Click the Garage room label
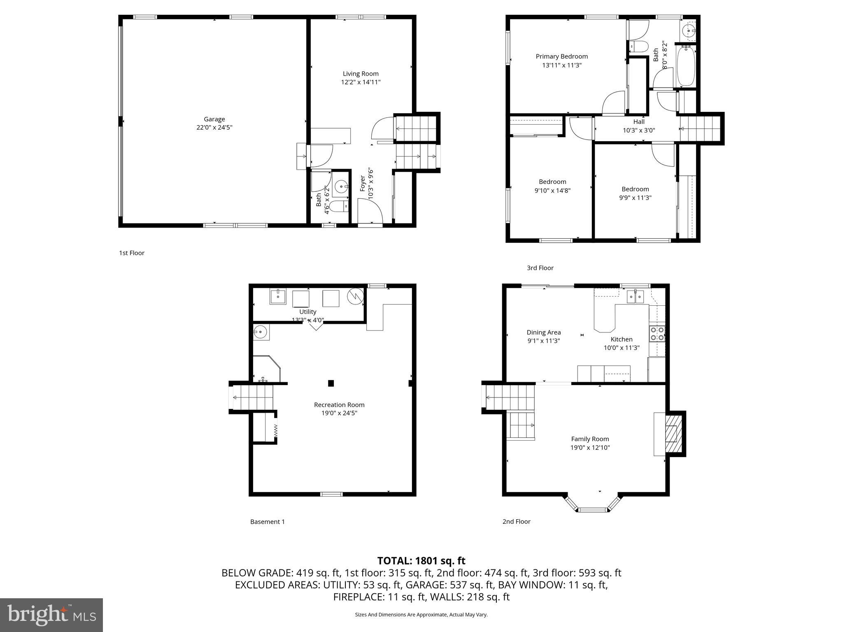pyautogui.click(x=214, y=119)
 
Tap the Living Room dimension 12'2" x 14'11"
pyautogui.click(x=361, y=82)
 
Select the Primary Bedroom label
pyautogui.click(x=561, y=56)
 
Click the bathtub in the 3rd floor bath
pyautogui.click(x=685, y=66)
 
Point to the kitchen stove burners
pyautogui.click(x=657, y=333)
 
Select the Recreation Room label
pyautogui.click(x=339, y=404)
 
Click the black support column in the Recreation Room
pyautogui.click(x=331, y=383)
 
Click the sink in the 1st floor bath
pyautogui.click(x=341, y=188)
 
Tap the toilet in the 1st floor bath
pyautogui.click(x=338, y=206)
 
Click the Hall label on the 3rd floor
pyautogui.click(x=639, y=121)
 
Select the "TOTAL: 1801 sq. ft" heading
pyautogui.click(x=421, y=560)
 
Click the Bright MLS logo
pyautogui.click(x=51, y=615)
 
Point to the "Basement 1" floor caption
pyautogui.click(x=268, y=522)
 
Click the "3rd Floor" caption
pyautogui.click(x=540, y=268)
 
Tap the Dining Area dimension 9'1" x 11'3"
pyautogui.click(x=544, y=341)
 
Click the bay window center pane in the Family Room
pyautogui.click(x=593, y=510)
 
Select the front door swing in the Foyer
pyautogui.click(x=370, y=211)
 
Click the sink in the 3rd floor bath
pyautogui.click(x=688, y=30)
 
